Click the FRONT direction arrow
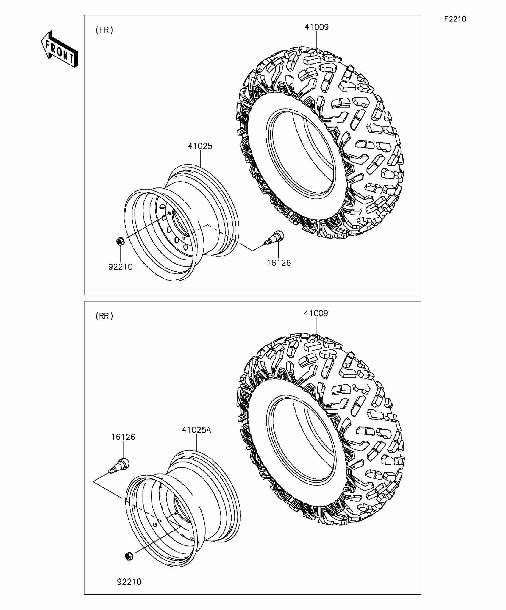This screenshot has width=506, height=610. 59,49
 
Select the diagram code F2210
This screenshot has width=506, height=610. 455,19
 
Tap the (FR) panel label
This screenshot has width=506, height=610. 104,30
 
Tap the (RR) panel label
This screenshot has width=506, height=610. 104,316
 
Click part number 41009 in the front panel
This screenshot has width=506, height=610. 316,27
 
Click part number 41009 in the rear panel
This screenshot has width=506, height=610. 316,313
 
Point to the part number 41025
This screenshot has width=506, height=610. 200,146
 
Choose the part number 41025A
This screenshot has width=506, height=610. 196,430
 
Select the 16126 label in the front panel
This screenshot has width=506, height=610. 279,263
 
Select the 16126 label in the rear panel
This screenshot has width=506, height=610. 123,437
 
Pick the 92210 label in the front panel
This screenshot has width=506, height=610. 120,267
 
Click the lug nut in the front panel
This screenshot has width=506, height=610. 120,241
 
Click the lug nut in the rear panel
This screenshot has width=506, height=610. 129,556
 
